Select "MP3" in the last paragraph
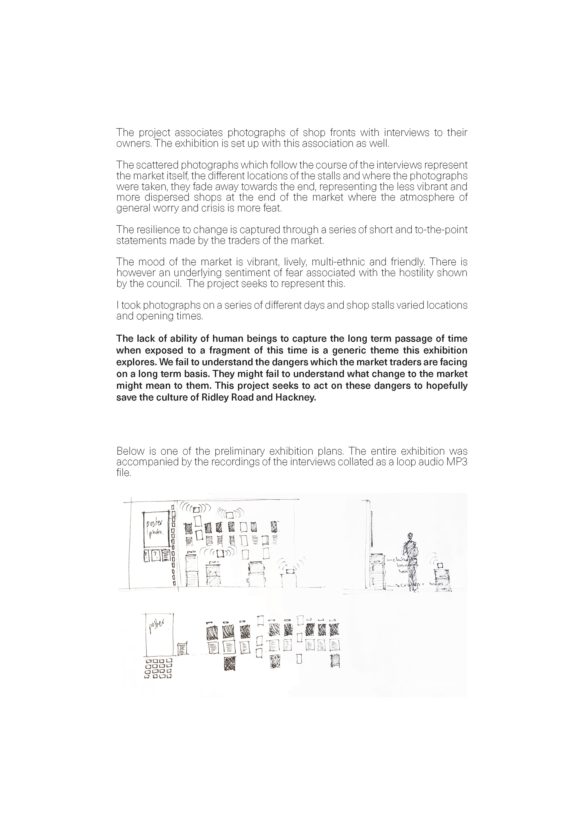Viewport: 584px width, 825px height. coord(457,462)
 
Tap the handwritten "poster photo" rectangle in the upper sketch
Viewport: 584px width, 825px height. coord(157,530)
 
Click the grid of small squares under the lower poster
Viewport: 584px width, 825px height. coord(158,668)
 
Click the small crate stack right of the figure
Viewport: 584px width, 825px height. coord(442,575)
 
